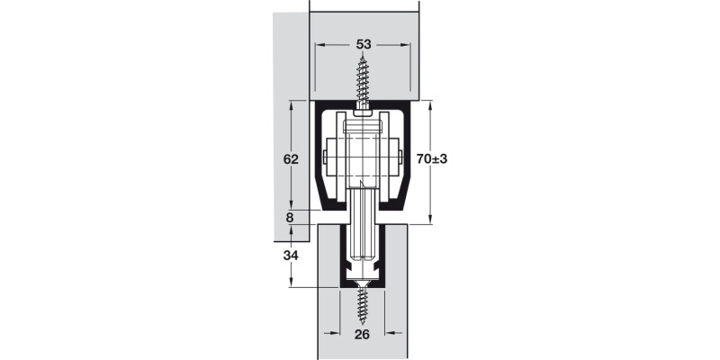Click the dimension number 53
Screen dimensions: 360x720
pos(363,44)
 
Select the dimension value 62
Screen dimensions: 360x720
pos(291,159)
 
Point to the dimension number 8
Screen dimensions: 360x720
pos(290,217)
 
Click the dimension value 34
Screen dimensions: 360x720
pos(291,256)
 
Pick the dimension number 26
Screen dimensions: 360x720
pos(363,335)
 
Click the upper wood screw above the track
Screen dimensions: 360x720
pos(363,80)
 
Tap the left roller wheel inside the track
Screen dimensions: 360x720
pos(329,160)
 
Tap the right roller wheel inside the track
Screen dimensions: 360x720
pos(396,160)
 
